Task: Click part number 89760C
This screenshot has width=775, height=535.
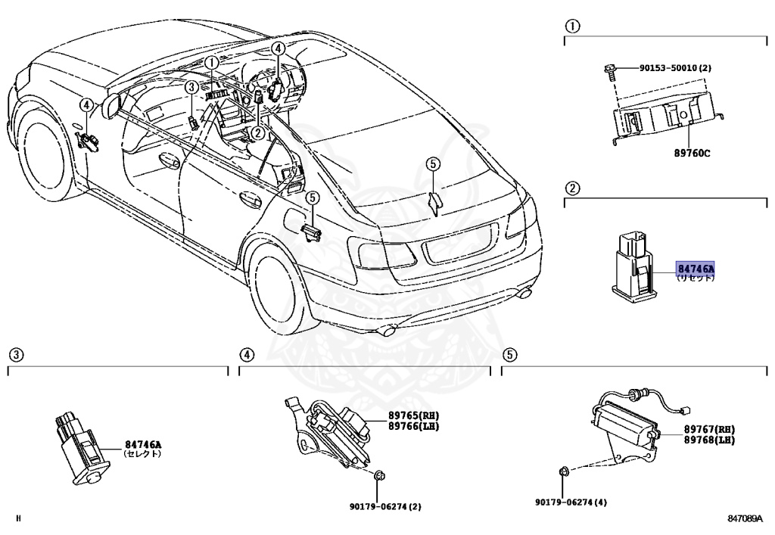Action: (692, 153)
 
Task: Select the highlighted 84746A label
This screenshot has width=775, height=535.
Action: (696, 269)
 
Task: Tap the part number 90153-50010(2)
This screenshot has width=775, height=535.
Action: (675, 68)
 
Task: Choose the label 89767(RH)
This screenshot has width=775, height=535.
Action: (709, 429)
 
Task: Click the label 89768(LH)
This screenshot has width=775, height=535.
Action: (709, 440)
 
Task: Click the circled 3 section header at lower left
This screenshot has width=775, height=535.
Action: (15, 354)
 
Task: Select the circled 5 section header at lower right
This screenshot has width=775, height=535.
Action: (509, 354)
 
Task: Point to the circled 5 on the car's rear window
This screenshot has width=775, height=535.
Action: (432, 163)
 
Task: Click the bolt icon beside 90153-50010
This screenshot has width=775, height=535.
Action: (609, 70)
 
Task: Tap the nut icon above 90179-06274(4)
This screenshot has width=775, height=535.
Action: (563, 473)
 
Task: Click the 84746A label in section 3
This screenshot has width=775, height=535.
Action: (143, 445)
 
